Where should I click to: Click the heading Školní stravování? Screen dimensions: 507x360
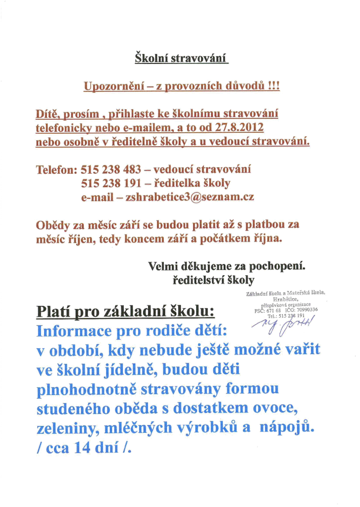(x=181, y=59)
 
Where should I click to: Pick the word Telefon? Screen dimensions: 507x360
(x=56, y=169)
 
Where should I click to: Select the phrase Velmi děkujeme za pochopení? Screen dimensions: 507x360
(x=227, y=267)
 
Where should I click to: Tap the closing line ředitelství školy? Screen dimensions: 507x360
(x=213, y=281)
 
